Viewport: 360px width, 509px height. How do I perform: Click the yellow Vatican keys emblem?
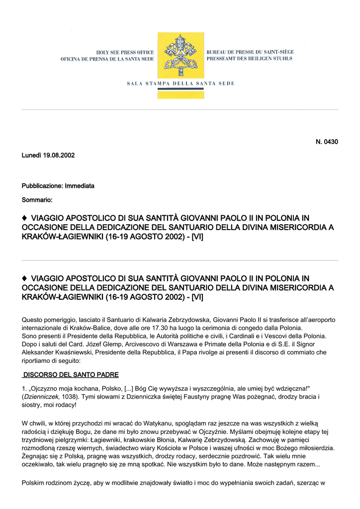point(180,56)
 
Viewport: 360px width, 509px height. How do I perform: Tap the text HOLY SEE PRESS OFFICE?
point(125,52)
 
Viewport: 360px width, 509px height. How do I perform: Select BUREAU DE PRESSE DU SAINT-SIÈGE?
point(250,52)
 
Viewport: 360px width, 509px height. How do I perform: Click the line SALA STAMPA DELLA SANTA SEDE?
point(180,83)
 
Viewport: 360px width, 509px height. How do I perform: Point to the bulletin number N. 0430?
point(327,142)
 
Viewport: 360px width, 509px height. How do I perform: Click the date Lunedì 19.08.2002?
point(48,155)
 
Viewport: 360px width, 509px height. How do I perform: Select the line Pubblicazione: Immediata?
point(58,185)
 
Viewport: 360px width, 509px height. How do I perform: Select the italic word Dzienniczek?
point(43,397)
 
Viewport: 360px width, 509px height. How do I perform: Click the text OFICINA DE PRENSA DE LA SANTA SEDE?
point(107,59)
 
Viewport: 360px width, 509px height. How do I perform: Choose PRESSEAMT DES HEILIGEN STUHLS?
point(249,59)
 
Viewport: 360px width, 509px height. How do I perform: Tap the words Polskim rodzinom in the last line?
point(46,482)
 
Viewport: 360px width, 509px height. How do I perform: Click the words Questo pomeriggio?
point(48,320)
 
